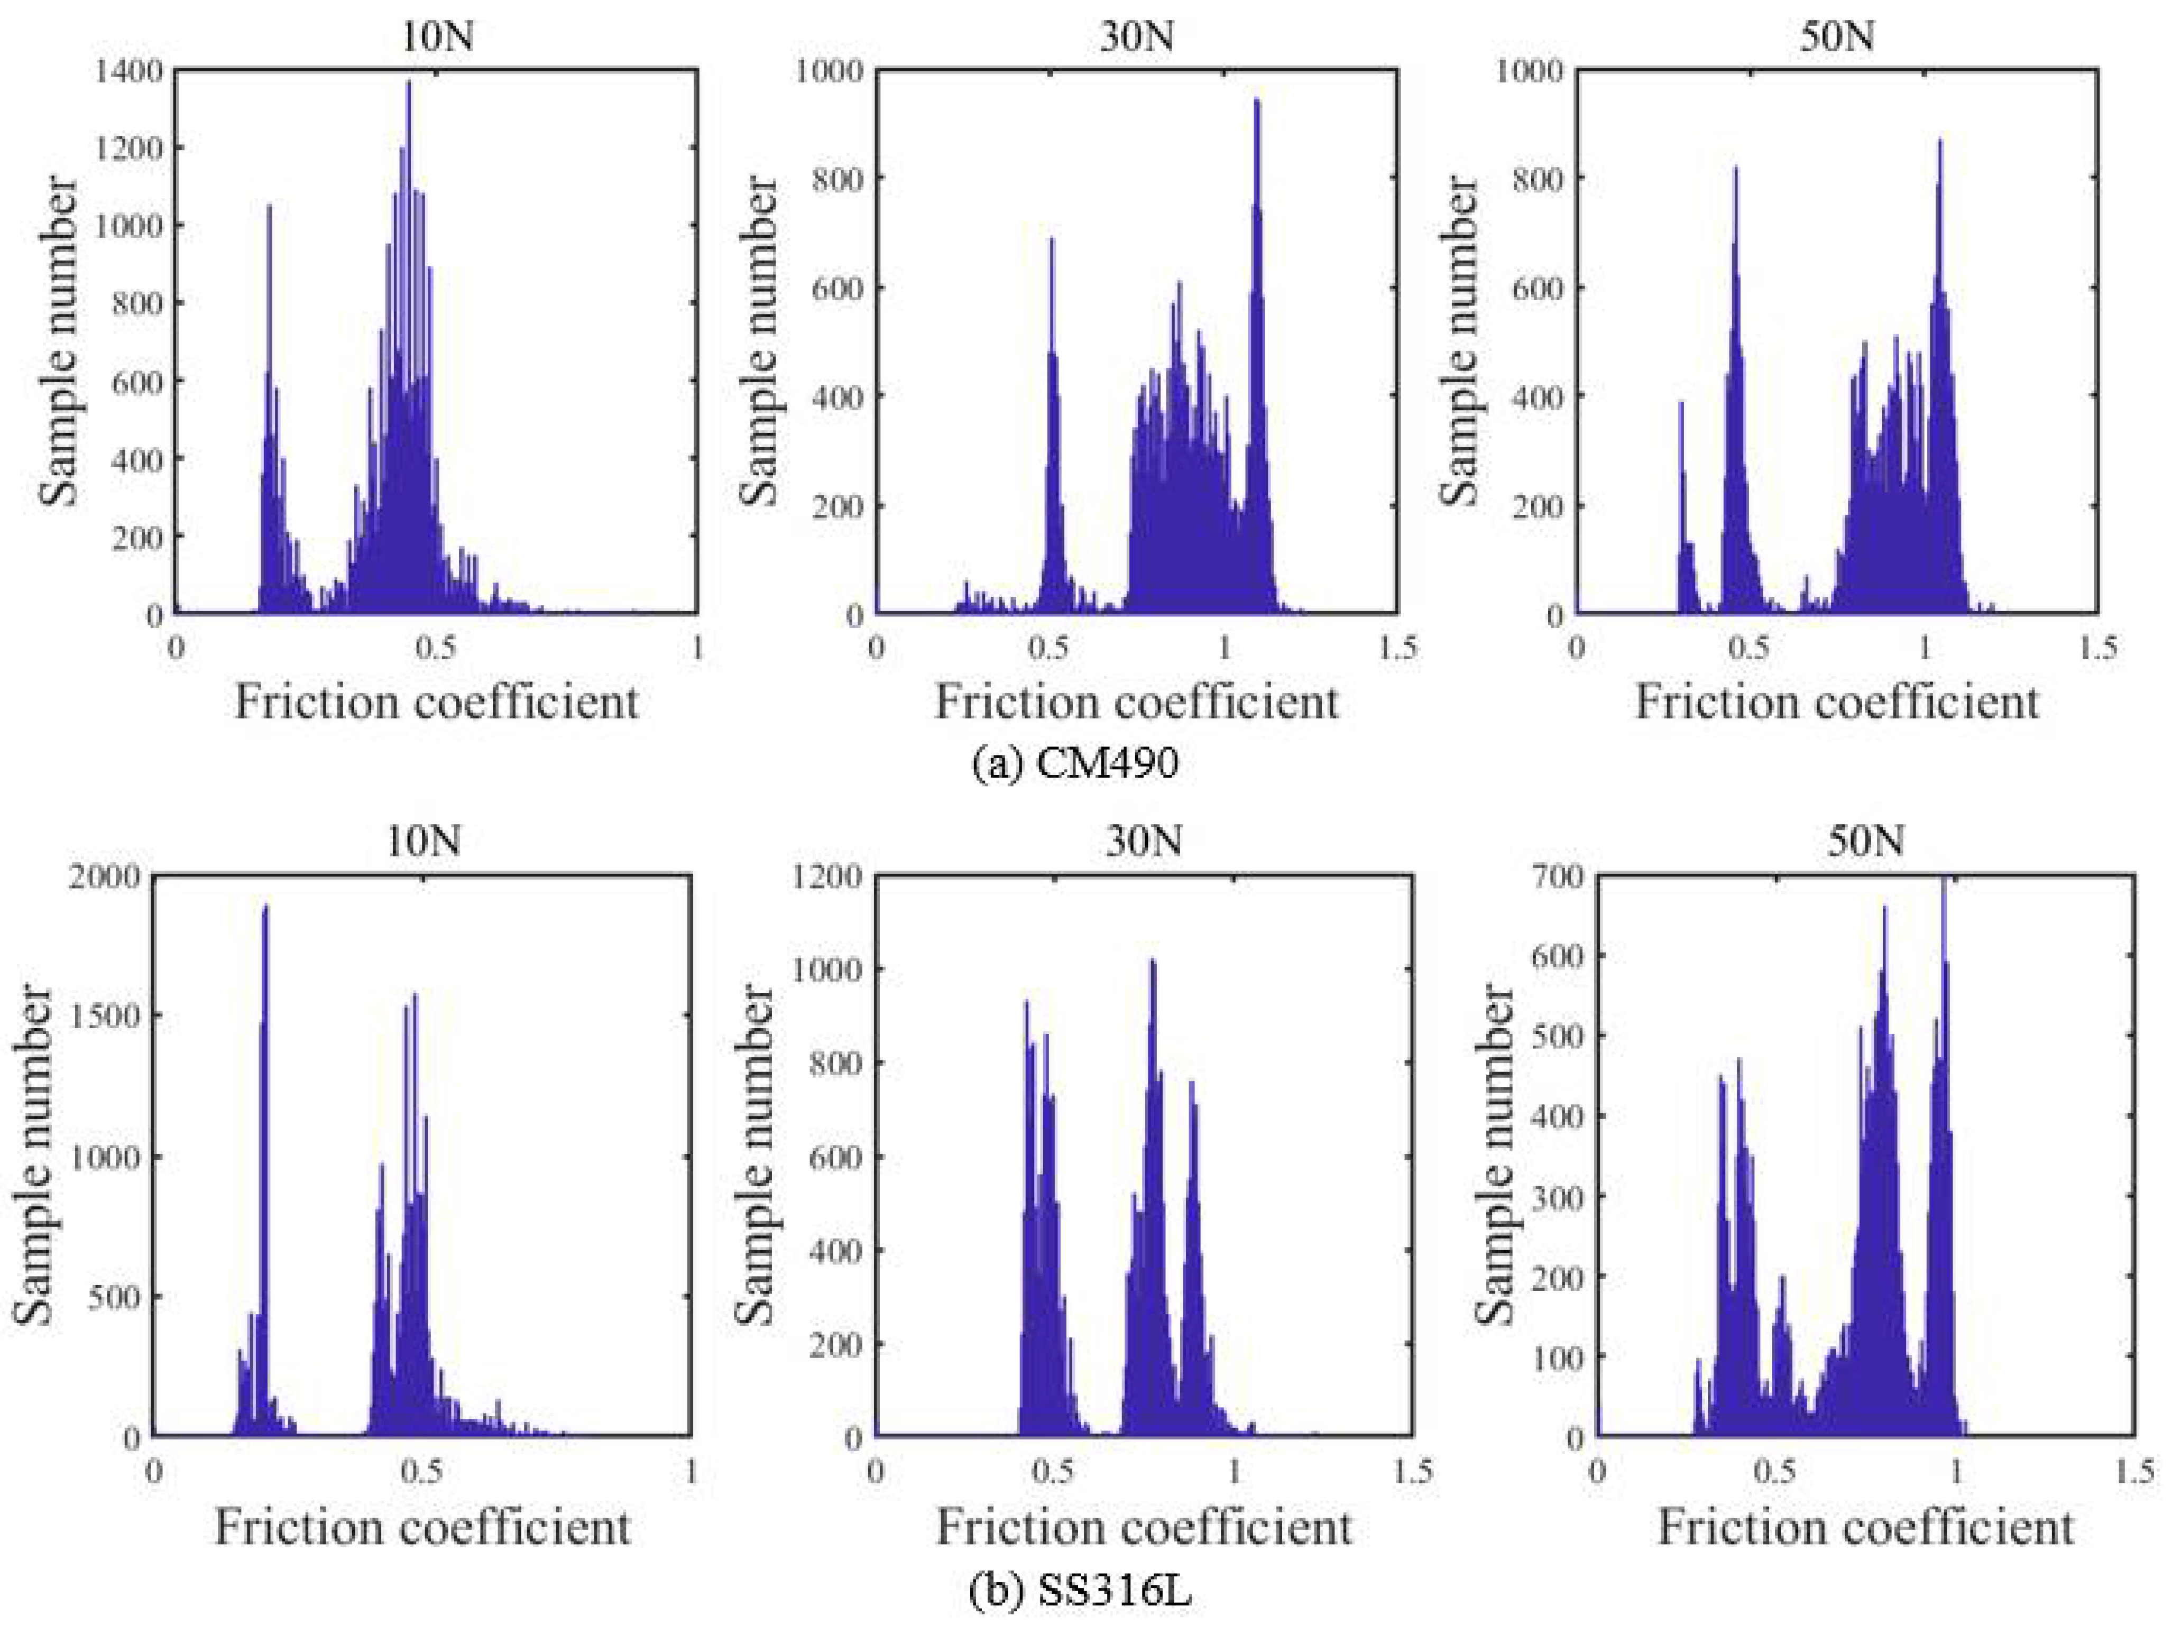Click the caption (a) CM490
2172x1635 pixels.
pyautogui.click(x=1074, y=763)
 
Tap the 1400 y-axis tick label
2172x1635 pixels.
pyautogui.click(x=130, y=71)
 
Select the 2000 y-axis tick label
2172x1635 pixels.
pyautogui.click(x=107, y=877)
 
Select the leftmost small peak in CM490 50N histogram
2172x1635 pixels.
pyautogui.click(x=1680, y=404)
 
